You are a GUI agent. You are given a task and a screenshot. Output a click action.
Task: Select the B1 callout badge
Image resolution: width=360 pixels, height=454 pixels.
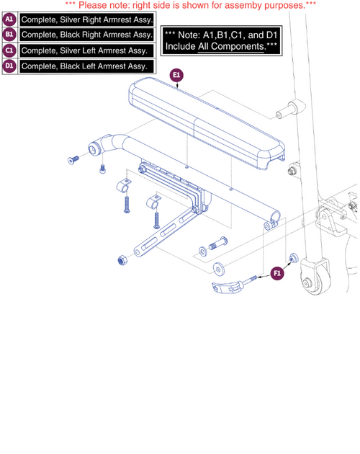click(x=11, y=35)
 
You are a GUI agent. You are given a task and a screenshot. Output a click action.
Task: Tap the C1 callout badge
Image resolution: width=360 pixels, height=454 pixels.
click(x=11, y=50)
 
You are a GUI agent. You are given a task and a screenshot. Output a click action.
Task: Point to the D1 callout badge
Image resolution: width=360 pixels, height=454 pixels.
click(x=11, y=66)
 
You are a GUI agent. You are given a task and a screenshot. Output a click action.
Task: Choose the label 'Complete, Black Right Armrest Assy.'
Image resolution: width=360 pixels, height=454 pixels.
click(x=87, y=35)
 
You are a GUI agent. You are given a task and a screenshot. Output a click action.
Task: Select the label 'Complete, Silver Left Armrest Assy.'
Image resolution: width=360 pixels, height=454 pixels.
click(x=86, y=50)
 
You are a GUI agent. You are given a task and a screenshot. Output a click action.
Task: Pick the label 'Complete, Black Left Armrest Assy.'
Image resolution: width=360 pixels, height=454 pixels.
click(x=86, y=66)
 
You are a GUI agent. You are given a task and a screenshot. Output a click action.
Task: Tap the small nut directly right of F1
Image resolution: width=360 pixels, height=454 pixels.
click(x=294, y=258)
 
